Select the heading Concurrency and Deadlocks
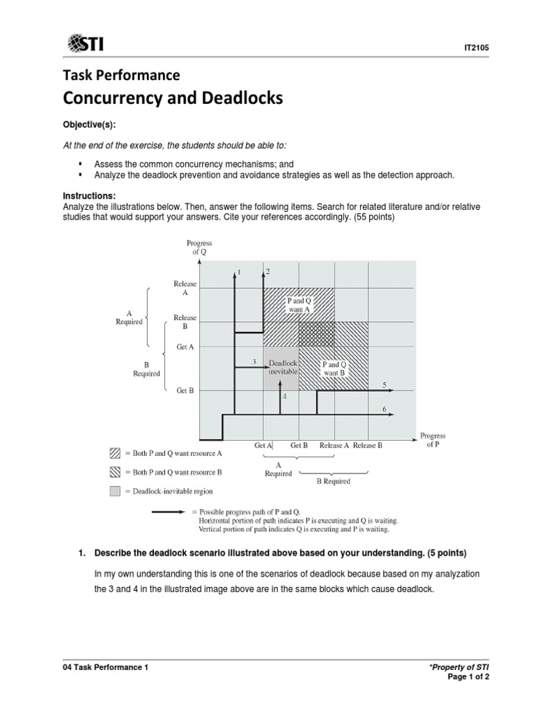(x=173, y=98)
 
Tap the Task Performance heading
(x=122, y=75)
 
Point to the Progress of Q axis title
(x=199, y=247)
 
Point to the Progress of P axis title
(x=433, y=440)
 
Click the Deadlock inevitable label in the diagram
(x=283, y=367)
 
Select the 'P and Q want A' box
(x=299, y=304)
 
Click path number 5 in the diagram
(x=385, y=385)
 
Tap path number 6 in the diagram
(x=385, y=409)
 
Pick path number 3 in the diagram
(x=254, y=362)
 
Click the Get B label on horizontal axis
(x=300, y=445)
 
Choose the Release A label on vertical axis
(x=185, y=289)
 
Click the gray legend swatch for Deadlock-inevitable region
(x=115, y=492)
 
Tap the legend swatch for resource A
(x=115, y=453)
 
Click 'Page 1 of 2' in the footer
(x=472, y=678)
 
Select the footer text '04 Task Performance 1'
(x=106, y=667)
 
